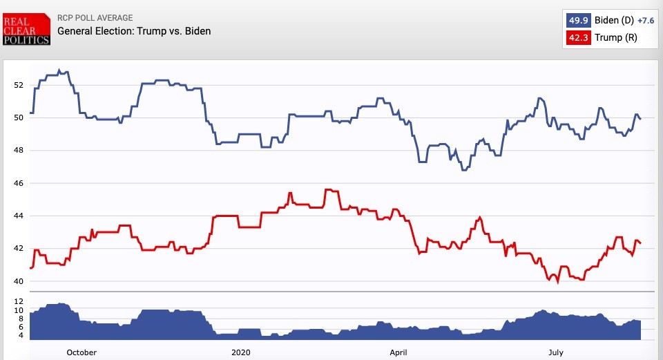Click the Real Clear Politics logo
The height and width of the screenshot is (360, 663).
pos(27,30)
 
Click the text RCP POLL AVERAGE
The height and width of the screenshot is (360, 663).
pos(95,18)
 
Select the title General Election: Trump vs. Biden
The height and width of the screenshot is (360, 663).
pos(134,31)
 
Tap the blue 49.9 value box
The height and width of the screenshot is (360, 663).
pos(578,21)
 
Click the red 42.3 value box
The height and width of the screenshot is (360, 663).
pos(578,37)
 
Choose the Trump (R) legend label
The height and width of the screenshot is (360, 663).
pos(616,37)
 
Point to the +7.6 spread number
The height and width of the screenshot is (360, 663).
pos(646,21)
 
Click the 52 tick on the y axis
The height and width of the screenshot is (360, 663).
pos(18,85)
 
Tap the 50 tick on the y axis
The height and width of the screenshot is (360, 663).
pos(18,117)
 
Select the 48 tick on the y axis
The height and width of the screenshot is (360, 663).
pos(18,151)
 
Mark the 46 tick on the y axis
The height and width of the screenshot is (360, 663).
pos(18,183)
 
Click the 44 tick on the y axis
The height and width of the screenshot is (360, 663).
pos(18,216)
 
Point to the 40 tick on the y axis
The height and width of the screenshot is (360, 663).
pos(18,281)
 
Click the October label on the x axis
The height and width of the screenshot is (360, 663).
pos(81,352)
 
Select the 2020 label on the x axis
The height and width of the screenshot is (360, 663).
pos(241,352)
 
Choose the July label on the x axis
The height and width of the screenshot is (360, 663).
pos(556,352)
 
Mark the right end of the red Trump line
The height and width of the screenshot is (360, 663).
pos(641,243)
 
